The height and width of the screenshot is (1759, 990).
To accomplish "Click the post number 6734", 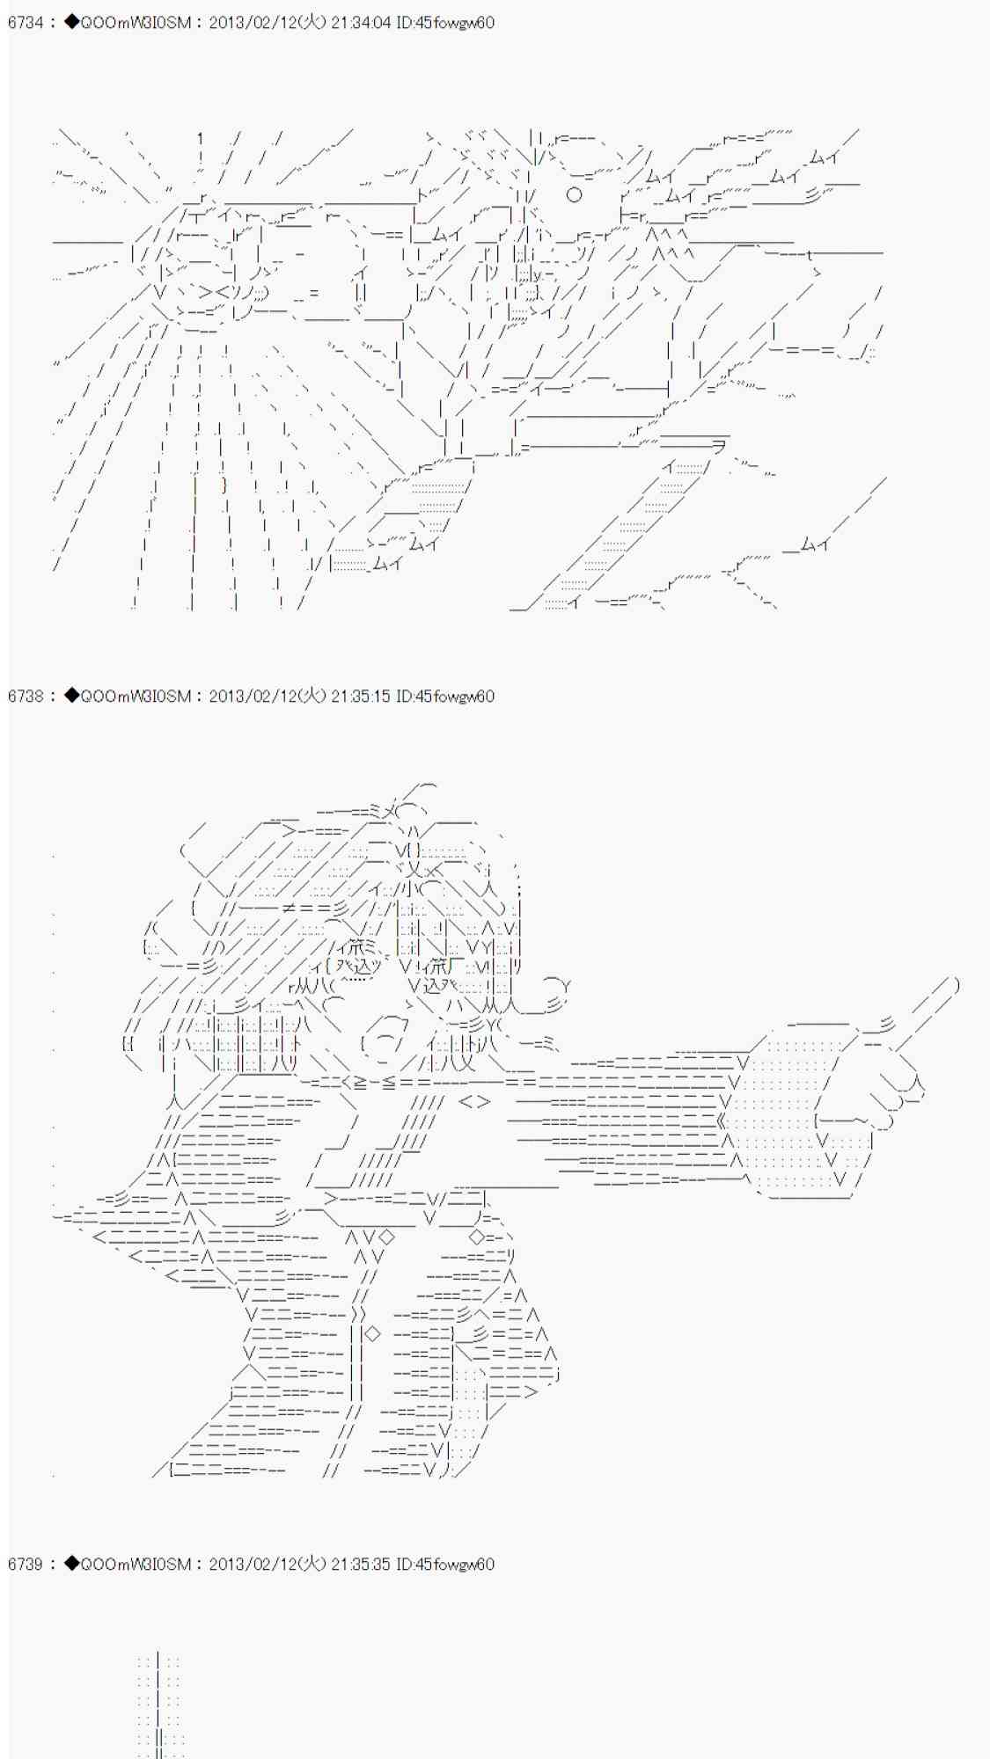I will (26, 23).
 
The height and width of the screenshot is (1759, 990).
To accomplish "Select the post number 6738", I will (26, 697).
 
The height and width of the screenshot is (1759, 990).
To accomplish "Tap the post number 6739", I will (26, 1565).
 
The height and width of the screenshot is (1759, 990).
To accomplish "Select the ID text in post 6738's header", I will (445, 697).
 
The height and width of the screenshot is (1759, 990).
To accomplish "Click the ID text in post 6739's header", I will (445, 1565).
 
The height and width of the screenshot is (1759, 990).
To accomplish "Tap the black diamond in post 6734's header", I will (71, 23).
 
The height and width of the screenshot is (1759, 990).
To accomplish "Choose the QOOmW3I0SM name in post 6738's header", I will (135, 697).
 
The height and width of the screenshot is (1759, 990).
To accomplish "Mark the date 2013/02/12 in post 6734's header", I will (248, 23).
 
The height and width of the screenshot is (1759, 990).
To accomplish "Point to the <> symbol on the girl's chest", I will (474, 1101).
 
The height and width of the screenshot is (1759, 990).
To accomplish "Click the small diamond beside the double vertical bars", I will (373, 1333).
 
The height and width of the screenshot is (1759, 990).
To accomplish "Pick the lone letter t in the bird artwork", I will (810, 255).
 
